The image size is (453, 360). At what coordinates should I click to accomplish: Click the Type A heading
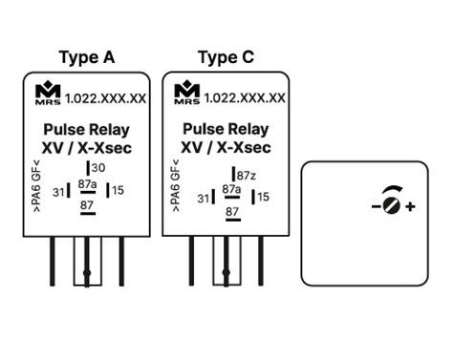pyautogui.click(x=86, y=57)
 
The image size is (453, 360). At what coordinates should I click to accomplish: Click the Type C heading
pyautogui.click(x=226, y=57)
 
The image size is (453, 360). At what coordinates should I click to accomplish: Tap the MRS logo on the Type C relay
pyautogui.click(x=186, y=94)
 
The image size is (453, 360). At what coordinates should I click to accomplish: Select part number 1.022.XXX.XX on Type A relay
pyautogui.click(x=106, y=98)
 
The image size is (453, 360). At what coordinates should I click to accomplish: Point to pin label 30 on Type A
pyautogui.click(x=97, y=169)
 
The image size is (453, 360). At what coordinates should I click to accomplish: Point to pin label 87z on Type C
pyautogui.click(x=246, y=176)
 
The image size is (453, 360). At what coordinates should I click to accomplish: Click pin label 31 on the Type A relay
pyautogui.click(x=58, y=192)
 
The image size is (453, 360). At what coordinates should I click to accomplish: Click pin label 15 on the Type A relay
pyautogui.click(x=119, y=190)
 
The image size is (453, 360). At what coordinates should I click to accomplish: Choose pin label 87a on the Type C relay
pyautogui.click(x=231, y=190)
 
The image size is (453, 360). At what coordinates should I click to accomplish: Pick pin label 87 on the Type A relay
pyautogui.click(x=87, y=205)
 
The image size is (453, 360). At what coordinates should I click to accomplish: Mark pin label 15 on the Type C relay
pyautogui.click(x=263, y=197)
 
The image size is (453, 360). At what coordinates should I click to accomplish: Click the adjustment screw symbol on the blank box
pyautogui.click(x=390, y=203)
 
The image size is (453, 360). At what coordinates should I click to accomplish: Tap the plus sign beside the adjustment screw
pyautogui.click(x=410, y=206)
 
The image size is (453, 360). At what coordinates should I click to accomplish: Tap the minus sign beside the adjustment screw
pyautogui.click(x=375, y=206)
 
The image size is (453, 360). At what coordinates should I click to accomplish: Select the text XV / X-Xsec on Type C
pyautogui.click(x=226, y=148)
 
